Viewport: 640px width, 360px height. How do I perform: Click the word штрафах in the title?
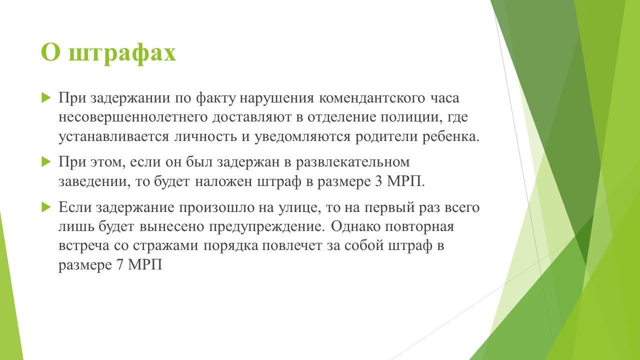[x=122, y=53]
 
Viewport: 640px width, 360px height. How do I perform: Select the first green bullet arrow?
[x=45, y=98]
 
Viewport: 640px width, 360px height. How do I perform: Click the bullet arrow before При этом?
[x=45, y=162]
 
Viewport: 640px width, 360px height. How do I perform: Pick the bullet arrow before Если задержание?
[x=45, y=207]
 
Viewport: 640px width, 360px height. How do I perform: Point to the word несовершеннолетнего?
[x=133, y=117]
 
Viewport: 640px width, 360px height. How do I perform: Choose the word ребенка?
[x=450, y=136]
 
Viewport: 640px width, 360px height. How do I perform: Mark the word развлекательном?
[x=352, y=162]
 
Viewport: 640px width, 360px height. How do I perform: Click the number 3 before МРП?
[x=378, y=181]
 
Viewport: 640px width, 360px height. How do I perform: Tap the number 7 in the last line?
[x=119, y=265]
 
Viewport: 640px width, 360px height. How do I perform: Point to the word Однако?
[x=355, y=226]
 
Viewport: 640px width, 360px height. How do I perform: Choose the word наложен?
[x=223, y=181]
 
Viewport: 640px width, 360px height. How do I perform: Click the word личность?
[x=205, y=137]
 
